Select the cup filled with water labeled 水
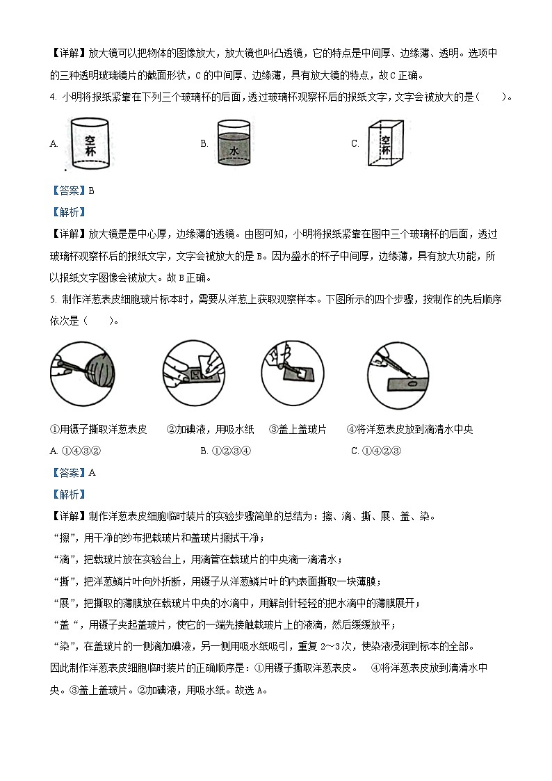(234, 144)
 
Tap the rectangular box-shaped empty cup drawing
(385, 144)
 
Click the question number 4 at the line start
(53, 97)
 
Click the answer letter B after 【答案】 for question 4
(90, 191)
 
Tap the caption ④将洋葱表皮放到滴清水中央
(409, 430)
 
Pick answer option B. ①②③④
(225, 451)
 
